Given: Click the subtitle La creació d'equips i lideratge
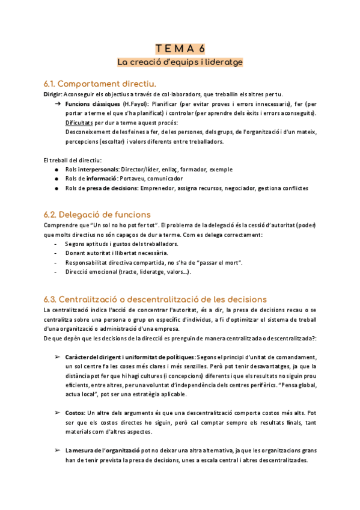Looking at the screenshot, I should point(180,61).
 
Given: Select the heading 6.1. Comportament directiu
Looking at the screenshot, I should point(100,83).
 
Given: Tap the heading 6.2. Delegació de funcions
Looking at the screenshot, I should point(97,214).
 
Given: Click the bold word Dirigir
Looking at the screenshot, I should point(52,94).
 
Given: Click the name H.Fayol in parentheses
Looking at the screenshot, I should point(135,104).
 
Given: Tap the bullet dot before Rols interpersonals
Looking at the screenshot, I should point(56,170).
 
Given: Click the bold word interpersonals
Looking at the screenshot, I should point(99,170).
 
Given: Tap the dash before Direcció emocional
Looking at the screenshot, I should point(56,272).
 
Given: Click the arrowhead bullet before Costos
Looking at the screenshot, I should point(57,413).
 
